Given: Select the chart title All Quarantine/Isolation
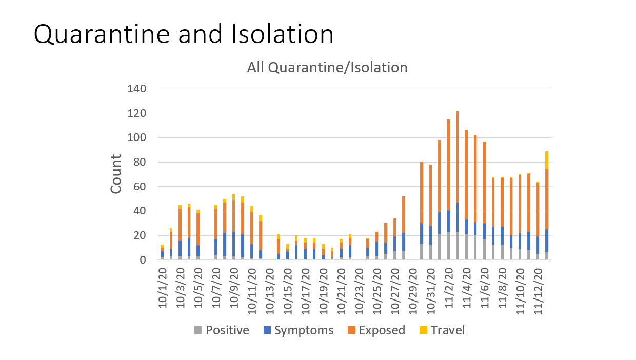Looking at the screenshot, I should pyautogui.click(x=327, y=67).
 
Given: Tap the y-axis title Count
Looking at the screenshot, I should pyautogui.click(x=116, y=174).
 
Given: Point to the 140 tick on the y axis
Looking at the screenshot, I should pyautogui.click(x=137, y=89).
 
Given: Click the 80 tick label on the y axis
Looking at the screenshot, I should pyautogui.click(x=140, y=162).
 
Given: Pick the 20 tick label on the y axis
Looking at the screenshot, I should pyautogui.click(x=140, y=235).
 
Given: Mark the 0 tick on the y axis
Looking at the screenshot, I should pyautogui.click(x=144, y=260).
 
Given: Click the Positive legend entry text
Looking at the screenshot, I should pyautogui.click(x=227, y=330).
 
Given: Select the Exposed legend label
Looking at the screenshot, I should pyautogui.click(x=382, y=330).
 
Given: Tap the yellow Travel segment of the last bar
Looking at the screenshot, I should pyautogui.click(x=547, y=160).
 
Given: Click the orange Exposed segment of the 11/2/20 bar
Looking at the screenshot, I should pyautogui.click(x=448, y=164).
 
